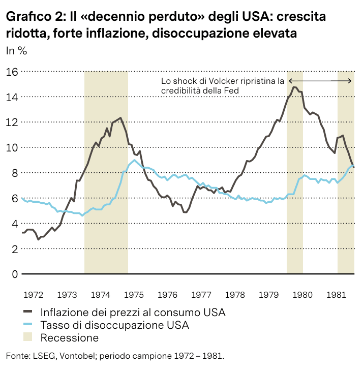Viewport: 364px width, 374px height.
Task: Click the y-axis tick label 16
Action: click(12, 72)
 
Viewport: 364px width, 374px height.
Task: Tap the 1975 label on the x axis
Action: click(134, 295)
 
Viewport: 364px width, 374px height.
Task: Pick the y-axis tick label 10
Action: click(12, 147)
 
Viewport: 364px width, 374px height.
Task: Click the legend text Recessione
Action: click(69, 338)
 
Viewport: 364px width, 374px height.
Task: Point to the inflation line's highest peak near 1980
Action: click(294, 87)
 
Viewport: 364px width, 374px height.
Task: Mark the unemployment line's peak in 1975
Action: click(135, 160)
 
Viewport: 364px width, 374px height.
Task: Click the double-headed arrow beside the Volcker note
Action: click(320, 81)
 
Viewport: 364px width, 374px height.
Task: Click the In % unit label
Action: click(16, 51)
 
